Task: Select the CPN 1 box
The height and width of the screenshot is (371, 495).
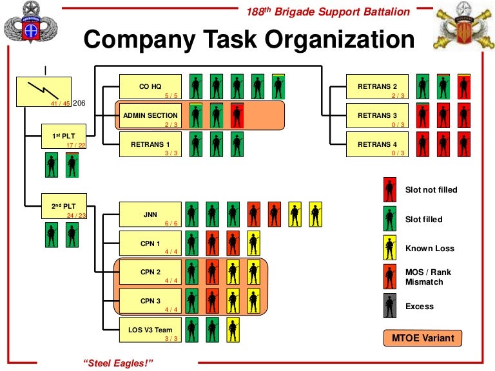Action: [150, 243]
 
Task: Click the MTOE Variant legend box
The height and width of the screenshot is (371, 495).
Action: [423, 338]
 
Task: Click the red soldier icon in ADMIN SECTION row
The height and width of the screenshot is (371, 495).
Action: [237, 116]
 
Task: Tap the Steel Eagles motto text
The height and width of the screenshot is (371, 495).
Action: [119, 363]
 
